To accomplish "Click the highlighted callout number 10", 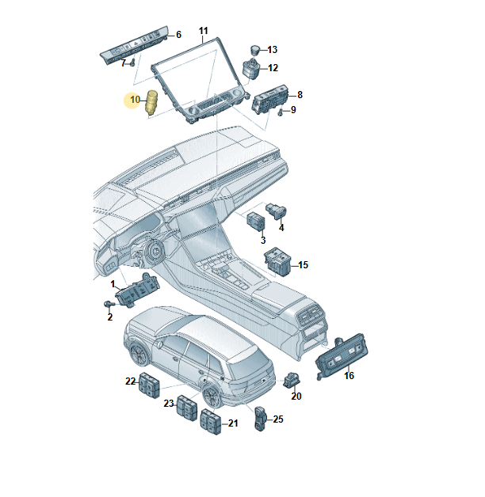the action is [x=135, y=100].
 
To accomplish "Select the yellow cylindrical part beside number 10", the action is [x=151, y=102].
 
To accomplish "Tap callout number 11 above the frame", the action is [x=203, y=31].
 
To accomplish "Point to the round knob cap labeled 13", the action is [x=255, y=50].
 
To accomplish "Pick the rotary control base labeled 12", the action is [x=251, y=69].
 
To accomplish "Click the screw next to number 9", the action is [x=281, y=112].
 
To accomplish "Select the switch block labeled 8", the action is [x=270, y=98].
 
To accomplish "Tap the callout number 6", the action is [x=178, y=35].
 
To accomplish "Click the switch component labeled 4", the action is [x=277, y=211].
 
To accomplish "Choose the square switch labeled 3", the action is [x=257, y=221].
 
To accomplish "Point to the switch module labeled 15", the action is [x=277, y=261].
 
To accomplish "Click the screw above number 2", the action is [x=109, y=304].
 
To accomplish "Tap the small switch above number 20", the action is [x=292, y=379].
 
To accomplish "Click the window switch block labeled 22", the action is [x=149, y=385].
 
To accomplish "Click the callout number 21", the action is [x=233, y=423].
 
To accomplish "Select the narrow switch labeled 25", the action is [x=260, y=418].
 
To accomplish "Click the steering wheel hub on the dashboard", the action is [x=155, y=252].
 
